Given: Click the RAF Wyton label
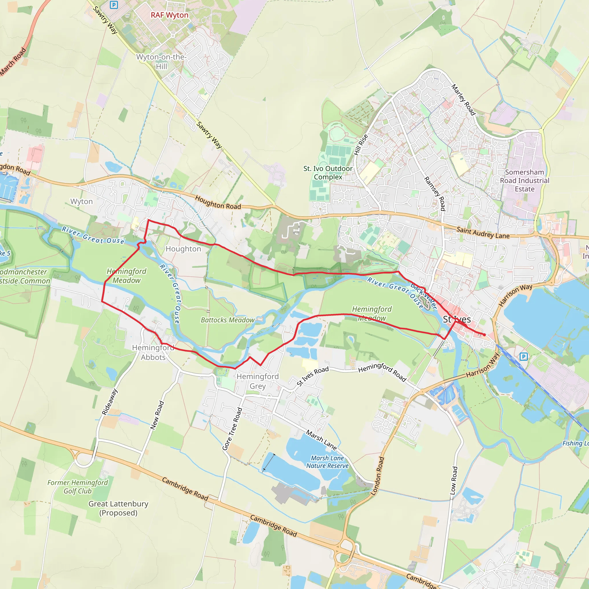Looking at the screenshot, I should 169,15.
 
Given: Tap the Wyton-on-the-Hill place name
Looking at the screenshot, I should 161,62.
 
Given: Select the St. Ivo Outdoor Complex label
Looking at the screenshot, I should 328,173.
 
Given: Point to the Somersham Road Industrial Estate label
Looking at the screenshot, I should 524,181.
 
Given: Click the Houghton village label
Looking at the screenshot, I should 183,249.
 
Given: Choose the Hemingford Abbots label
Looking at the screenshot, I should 153,352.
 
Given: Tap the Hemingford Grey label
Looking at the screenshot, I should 258,381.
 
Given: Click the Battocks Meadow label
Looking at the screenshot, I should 227,320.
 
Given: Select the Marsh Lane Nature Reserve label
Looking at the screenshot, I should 327,462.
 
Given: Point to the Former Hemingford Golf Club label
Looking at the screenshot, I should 77,487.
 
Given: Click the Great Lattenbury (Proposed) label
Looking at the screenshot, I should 118,508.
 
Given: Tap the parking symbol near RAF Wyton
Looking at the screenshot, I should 114,5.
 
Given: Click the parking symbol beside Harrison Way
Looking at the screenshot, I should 523,356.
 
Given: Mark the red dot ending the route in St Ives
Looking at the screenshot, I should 484,335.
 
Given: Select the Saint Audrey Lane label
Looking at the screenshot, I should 483,233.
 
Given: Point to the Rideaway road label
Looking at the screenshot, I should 110,401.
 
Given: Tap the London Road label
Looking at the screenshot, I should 377,476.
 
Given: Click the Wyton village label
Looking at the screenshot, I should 81,202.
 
